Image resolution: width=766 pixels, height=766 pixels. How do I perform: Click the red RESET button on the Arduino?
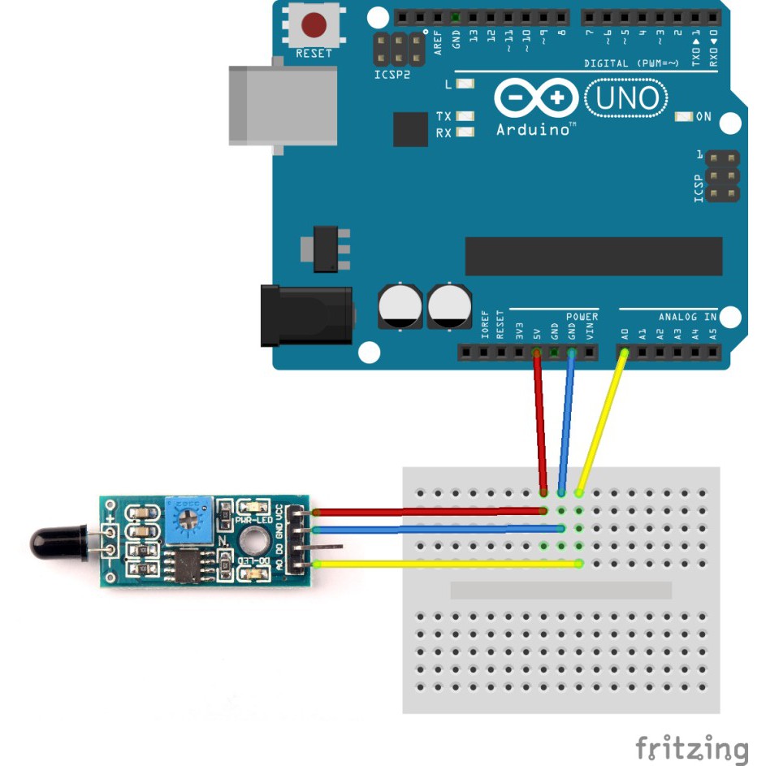tap(314, 25)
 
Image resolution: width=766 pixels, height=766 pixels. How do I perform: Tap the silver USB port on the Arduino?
tap(281, 106)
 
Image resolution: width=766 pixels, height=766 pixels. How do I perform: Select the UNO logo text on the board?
tap(626, 98)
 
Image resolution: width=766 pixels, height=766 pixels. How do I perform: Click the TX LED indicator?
tap(465, 117)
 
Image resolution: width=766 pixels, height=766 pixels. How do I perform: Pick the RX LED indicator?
tap(465, 132)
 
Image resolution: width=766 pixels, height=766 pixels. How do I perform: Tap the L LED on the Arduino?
tap(465, 84)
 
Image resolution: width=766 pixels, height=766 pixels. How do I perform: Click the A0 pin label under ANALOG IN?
tap(625, 333)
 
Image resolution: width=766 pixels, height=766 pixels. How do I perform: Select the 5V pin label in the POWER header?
tap(536, 333)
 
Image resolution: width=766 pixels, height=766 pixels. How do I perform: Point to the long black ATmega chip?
tap(593, 257)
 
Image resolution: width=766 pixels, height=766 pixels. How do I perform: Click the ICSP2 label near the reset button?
tap(392, 74)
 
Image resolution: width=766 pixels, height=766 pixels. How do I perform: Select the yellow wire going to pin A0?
tap(601, 422)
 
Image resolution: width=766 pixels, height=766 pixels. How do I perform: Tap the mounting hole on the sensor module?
tap(253, 538)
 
